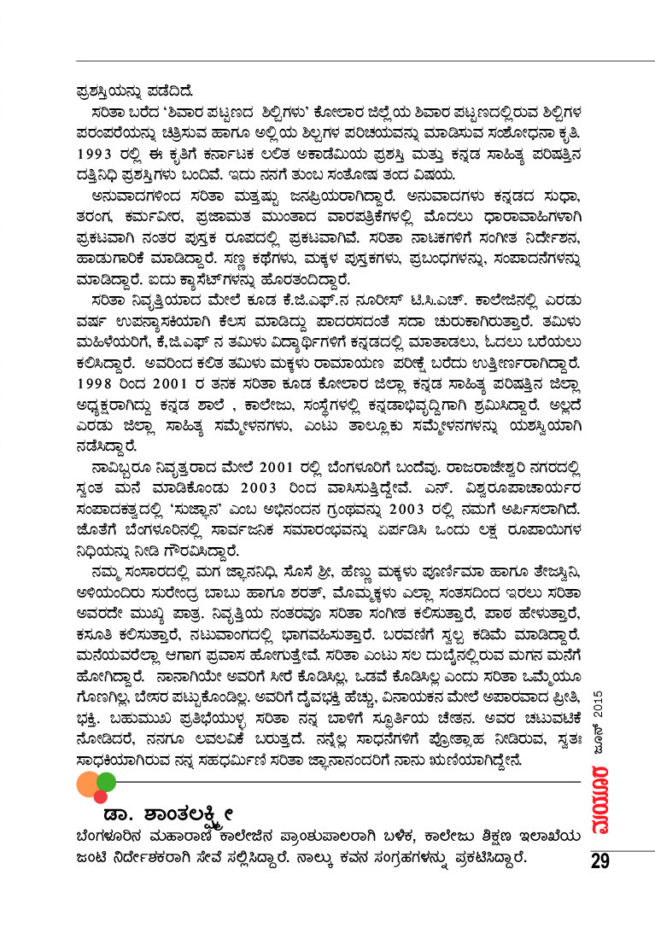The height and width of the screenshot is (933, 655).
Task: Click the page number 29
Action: (x=599, y=860)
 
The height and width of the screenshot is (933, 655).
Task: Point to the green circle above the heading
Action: (x=106, y=780)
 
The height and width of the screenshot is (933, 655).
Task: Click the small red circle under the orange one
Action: (x=100, y=796)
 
